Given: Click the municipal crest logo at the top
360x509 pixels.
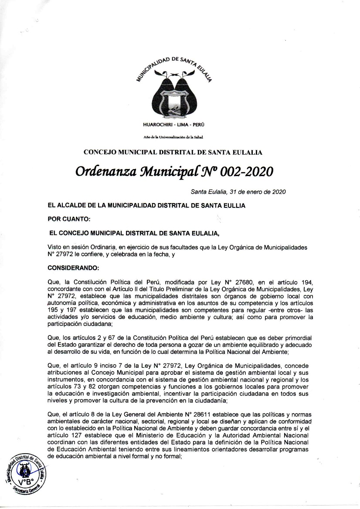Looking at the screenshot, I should coord(173,93).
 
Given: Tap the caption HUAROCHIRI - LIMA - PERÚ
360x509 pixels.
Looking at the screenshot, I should coord(173,125).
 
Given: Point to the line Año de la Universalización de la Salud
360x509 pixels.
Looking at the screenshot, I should coord(173,137).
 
